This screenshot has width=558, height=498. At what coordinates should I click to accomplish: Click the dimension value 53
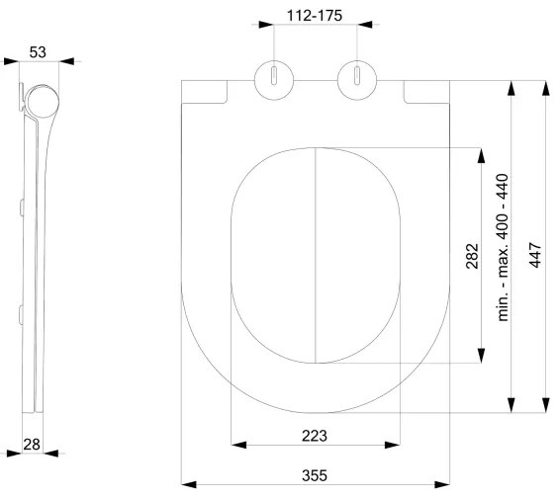click(x=37, y=51)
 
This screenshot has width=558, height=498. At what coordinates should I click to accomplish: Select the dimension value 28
click(x=32, y=444)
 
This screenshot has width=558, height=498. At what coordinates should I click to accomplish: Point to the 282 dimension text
click(x=471, y=256)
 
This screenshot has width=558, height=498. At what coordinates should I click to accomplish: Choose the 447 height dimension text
click(x=534, y=256)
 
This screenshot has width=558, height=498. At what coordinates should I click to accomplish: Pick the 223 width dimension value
click(x=315, y=435)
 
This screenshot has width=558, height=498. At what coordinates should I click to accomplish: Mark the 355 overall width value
click(x=315, y=475)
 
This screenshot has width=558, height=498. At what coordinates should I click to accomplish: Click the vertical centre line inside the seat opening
click(x=315, y=257)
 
